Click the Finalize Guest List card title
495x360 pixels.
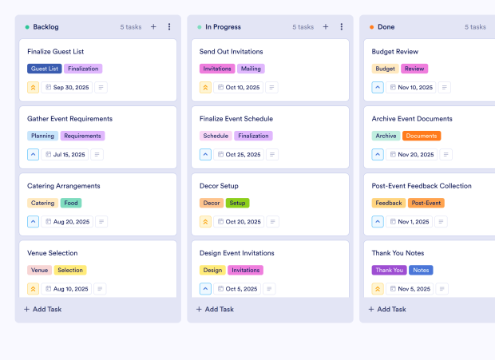click(56, 52)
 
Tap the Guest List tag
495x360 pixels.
click(44, 69)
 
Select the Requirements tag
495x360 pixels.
click(82, 136)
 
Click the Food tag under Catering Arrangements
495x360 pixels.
click(71, 203)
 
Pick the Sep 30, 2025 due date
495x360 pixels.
click(67, 88)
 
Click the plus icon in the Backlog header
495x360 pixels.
click(153, 27)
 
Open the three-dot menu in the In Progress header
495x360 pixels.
click(341, 27)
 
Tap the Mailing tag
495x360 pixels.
click(251, 69)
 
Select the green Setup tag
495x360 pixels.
click(237, 203)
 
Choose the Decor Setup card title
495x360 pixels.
click(219, 186)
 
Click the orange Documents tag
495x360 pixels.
click(422, 136)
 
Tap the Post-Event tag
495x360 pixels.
click(426, 203)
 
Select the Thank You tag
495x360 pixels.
click(389, 270)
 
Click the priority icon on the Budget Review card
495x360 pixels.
click(378, 88)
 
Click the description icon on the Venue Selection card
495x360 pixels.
click(101, 289)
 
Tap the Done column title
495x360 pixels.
click(386, 27)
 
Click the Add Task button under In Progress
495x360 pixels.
click(216, 309)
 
